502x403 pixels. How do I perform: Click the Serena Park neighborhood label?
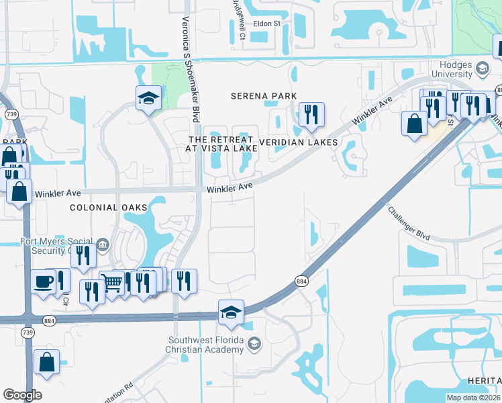coord(264,96)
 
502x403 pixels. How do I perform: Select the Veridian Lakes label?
coord(298,142)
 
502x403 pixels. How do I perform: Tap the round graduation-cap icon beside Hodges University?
coord(482,68)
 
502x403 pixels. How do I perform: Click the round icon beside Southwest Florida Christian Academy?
coord(254,344)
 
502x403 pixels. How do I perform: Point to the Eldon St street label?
coord(266,24)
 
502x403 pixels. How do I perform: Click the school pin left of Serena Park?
coord(148,98)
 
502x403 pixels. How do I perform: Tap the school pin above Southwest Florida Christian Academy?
coord(231,312)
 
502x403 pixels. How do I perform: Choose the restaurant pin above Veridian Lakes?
coord(309,114)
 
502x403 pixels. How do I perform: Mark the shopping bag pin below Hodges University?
coord(415,123)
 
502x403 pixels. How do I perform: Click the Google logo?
coord(22,395)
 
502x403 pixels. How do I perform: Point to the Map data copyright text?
coord(473,398)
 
